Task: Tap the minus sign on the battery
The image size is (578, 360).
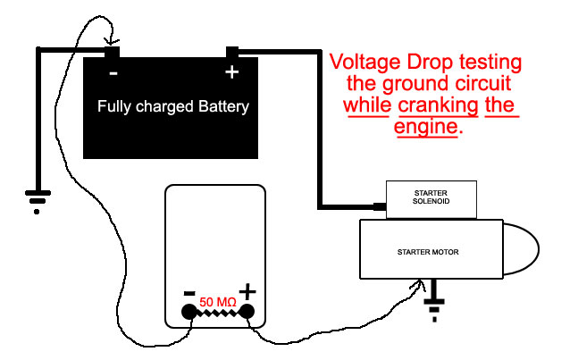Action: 113,73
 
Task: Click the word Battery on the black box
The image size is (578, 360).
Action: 223,107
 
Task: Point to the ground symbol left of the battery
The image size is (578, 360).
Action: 36,201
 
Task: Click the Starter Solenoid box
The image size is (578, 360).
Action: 431,199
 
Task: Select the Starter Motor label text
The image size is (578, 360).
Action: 428,253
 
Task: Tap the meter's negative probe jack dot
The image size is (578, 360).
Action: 188,312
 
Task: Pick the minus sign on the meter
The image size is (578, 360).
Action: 189,292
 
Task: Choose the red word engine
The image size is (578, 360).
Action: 426,128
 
